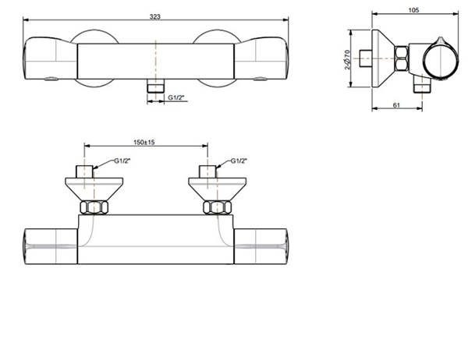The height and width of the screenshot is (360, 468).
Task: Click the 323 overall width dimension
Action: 156,16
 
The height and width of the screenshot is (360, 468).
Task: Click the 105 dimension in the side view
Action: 413,9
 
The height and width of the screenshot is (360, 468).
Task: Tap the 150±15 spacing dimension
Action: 145,142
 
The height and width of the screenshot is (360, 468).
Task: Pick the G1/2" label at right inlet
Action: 239,161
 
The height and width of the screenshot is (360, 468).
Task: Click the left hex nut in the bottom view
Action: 94,207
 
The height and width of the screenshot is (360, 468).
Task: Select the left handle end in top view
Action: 51,59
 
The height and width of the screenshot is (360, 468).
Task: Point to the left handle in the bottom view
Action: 51,245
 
